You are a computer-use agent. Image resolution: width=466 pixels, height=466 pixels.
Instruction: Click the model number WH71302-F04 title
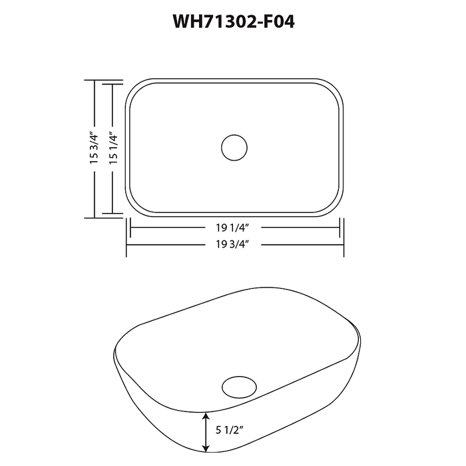click(233, 22)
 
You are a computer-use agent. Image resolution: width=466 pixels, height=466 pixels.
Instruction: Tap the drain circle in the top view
click(234, 147)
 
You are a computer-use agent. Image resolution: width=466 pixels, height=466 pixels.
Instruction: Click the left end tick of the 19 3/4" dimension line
click(126, 244)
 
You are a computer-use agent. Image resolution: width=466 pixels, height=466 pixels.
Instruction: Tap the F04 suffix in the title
click(276, 22)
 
